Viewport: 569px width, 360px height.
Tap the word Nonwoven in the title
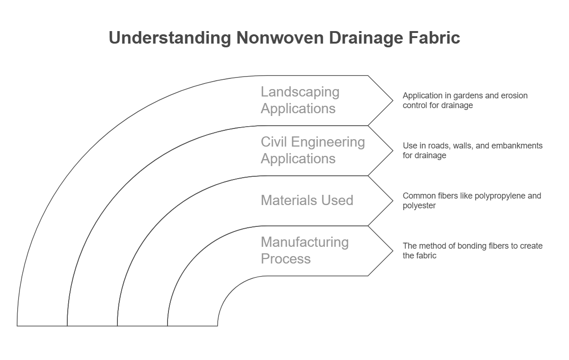click(280, 38)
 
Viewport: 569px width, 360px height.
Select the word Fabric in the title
click(434, 38)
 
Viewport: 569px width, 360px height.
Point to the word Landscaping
click(300, 92)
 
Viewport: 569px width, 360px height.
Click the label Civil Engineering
click(313, 142)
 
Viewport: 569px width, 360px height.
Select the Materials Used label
click(307, 200)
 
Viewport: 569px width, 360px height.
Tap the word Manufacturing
click(304, 242)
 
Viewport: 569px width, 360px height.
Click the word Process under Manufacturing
click(285, 259)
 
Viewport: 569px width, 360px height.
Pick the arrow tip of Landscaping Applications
click(393, 101)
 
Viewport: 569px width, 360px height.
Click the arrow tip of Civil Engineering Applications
click(393, 151)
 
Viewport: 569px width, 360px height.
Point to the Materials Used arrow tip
click(393, 201)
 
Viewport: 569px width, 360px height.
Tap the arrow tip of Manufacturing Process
click(393, 251)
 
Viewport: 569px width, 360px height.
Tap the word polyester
click(419, 206)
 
